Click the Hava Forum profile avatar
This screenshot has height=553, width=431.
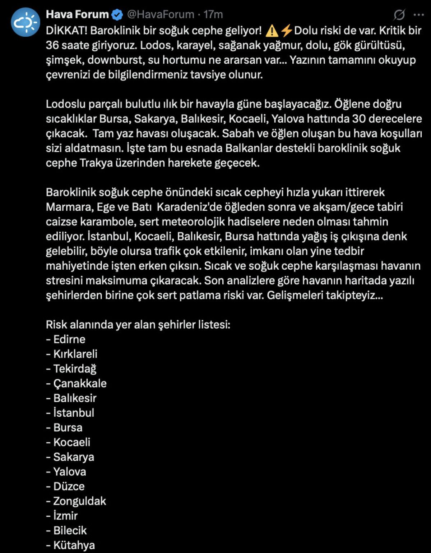tap(26, 23)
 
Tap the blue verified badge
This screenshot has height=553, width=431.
tap(117, 15)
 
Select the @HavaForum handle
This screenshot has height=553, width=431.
tap(161, 14)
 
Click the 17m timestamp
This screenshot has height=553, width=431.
tap(213, 14)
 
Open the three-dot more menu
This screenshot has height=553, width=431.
tap(419, 15)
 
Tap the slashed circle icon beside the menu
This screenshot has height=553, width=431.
tap(399, 15)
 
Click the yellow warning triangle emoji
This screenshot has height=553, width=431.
tap(272, 31)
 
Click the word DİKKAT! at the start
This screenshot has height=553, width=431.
tap(66, 31)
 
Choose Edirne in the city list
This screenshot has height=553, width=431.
tap(69, 339)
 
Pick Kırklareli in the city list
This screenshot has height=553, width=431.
tap(75, 354)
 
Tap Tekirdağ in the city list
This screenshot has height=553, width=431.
tap(75, 369)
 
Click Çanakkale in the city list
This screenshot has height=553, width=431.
tap(80, 383)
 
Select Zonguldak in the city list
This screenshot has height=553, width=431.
tap(80, 501)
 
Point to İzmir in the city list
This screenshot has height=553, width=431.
tap(65, 516)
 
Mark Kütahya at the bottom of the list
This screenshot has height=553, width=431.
tap(74, 545)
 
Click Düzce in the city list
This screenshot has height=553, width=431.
tap(69, 486)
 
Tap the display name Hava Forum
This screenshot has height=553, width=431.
tap(77, 14)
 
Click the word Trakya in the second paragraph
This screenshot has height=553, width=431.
tap(96, 163)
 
